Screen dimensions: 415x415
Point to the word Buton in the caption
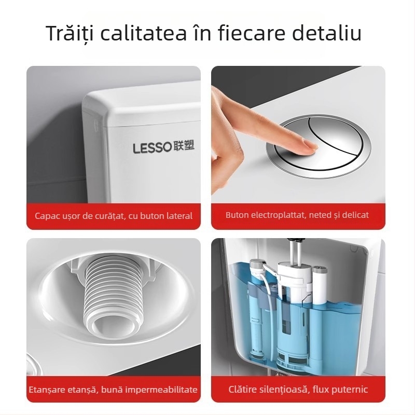click(237, 215)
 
